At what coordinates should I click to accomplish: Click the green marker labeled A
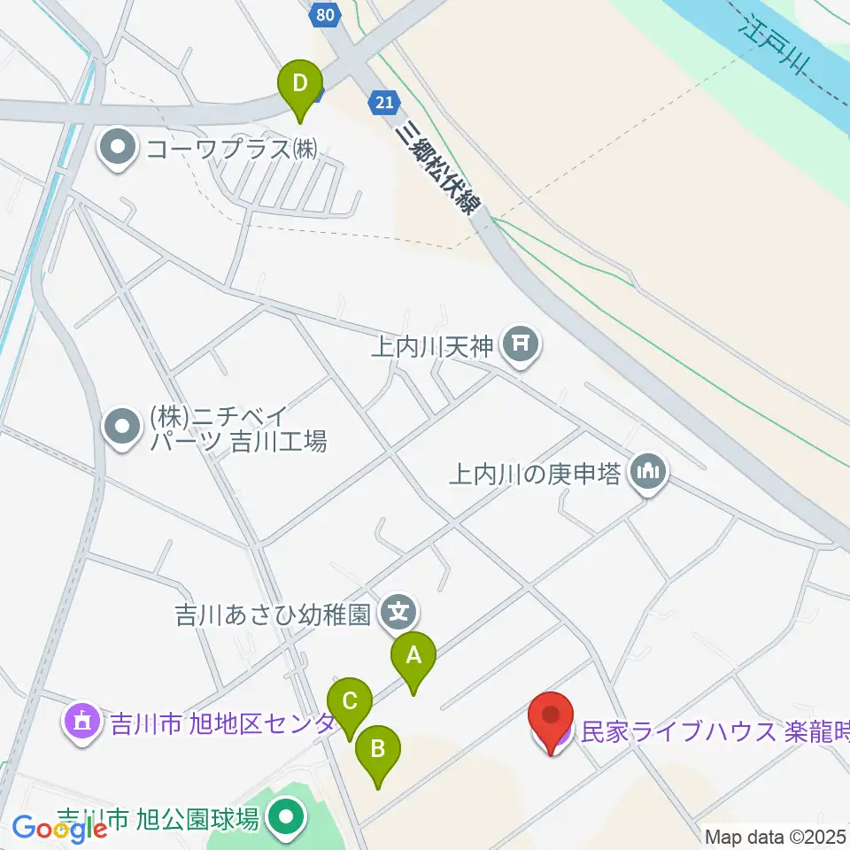413,656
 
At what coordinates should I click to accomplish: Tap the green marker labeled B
377,751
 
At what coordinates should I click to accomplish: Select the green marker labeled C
349,702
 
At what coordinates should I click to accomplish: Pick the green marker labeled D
300,85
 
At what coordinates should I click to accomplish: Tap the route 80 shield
325,13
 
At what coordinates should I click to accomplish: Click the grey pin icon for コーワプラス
118,148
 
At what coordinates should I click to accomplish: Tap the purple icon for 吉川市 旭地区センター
82,722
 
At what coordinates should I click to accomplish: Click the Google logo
59,829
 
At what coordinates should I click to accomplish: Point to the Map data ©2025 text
777,836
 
